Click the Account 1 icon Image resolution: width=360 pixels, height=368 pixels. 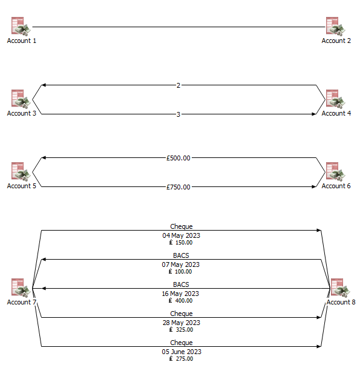pos(21,27)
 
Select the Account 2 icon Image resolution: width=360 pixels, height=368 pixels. pos(336,27)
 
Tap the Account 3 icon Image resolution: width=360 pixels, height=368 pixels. pos(21,99)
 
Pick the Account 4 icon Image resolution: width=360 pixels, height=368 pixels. pos(336,99)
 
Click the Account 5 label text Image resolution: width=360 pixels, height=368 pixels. pos(22,186)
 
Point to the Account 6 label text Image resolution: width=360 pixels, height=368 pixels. pos(336,186)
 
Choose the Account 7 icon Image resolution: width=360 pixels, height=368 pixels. pos(21,288)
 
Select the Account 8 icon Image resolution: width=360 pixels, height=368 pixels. pos(336,288)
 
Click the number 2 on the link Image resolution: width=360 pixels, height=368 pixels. pos(178,85)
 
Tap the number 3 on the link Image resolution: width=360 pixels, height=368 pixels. pos(178,114)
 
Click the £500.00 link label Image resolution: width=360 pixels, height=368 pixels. pos(178,158)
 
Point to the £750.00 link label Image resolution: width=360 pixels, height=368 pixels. pos(178,187)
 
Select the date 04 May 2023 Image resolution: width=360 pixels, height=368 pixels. pos(182,235)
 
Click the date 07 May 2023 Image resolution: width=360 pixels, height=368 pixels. pos(182,264)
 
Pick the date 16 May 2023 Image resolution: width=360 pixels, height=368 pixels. pos(182,294)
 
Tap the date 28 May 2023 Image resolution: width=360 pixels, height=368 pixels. pos(182,323)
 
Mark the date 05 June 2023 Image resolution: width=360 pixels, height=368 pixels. pos(182,352)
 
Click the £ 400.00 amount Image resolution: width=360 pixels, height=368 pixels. pos(182,301)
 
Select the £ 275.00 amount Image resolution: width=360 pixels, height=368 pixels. pos(182,359)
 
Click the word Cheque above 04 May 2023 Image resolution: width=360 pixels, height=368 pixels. pos(182,227)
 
